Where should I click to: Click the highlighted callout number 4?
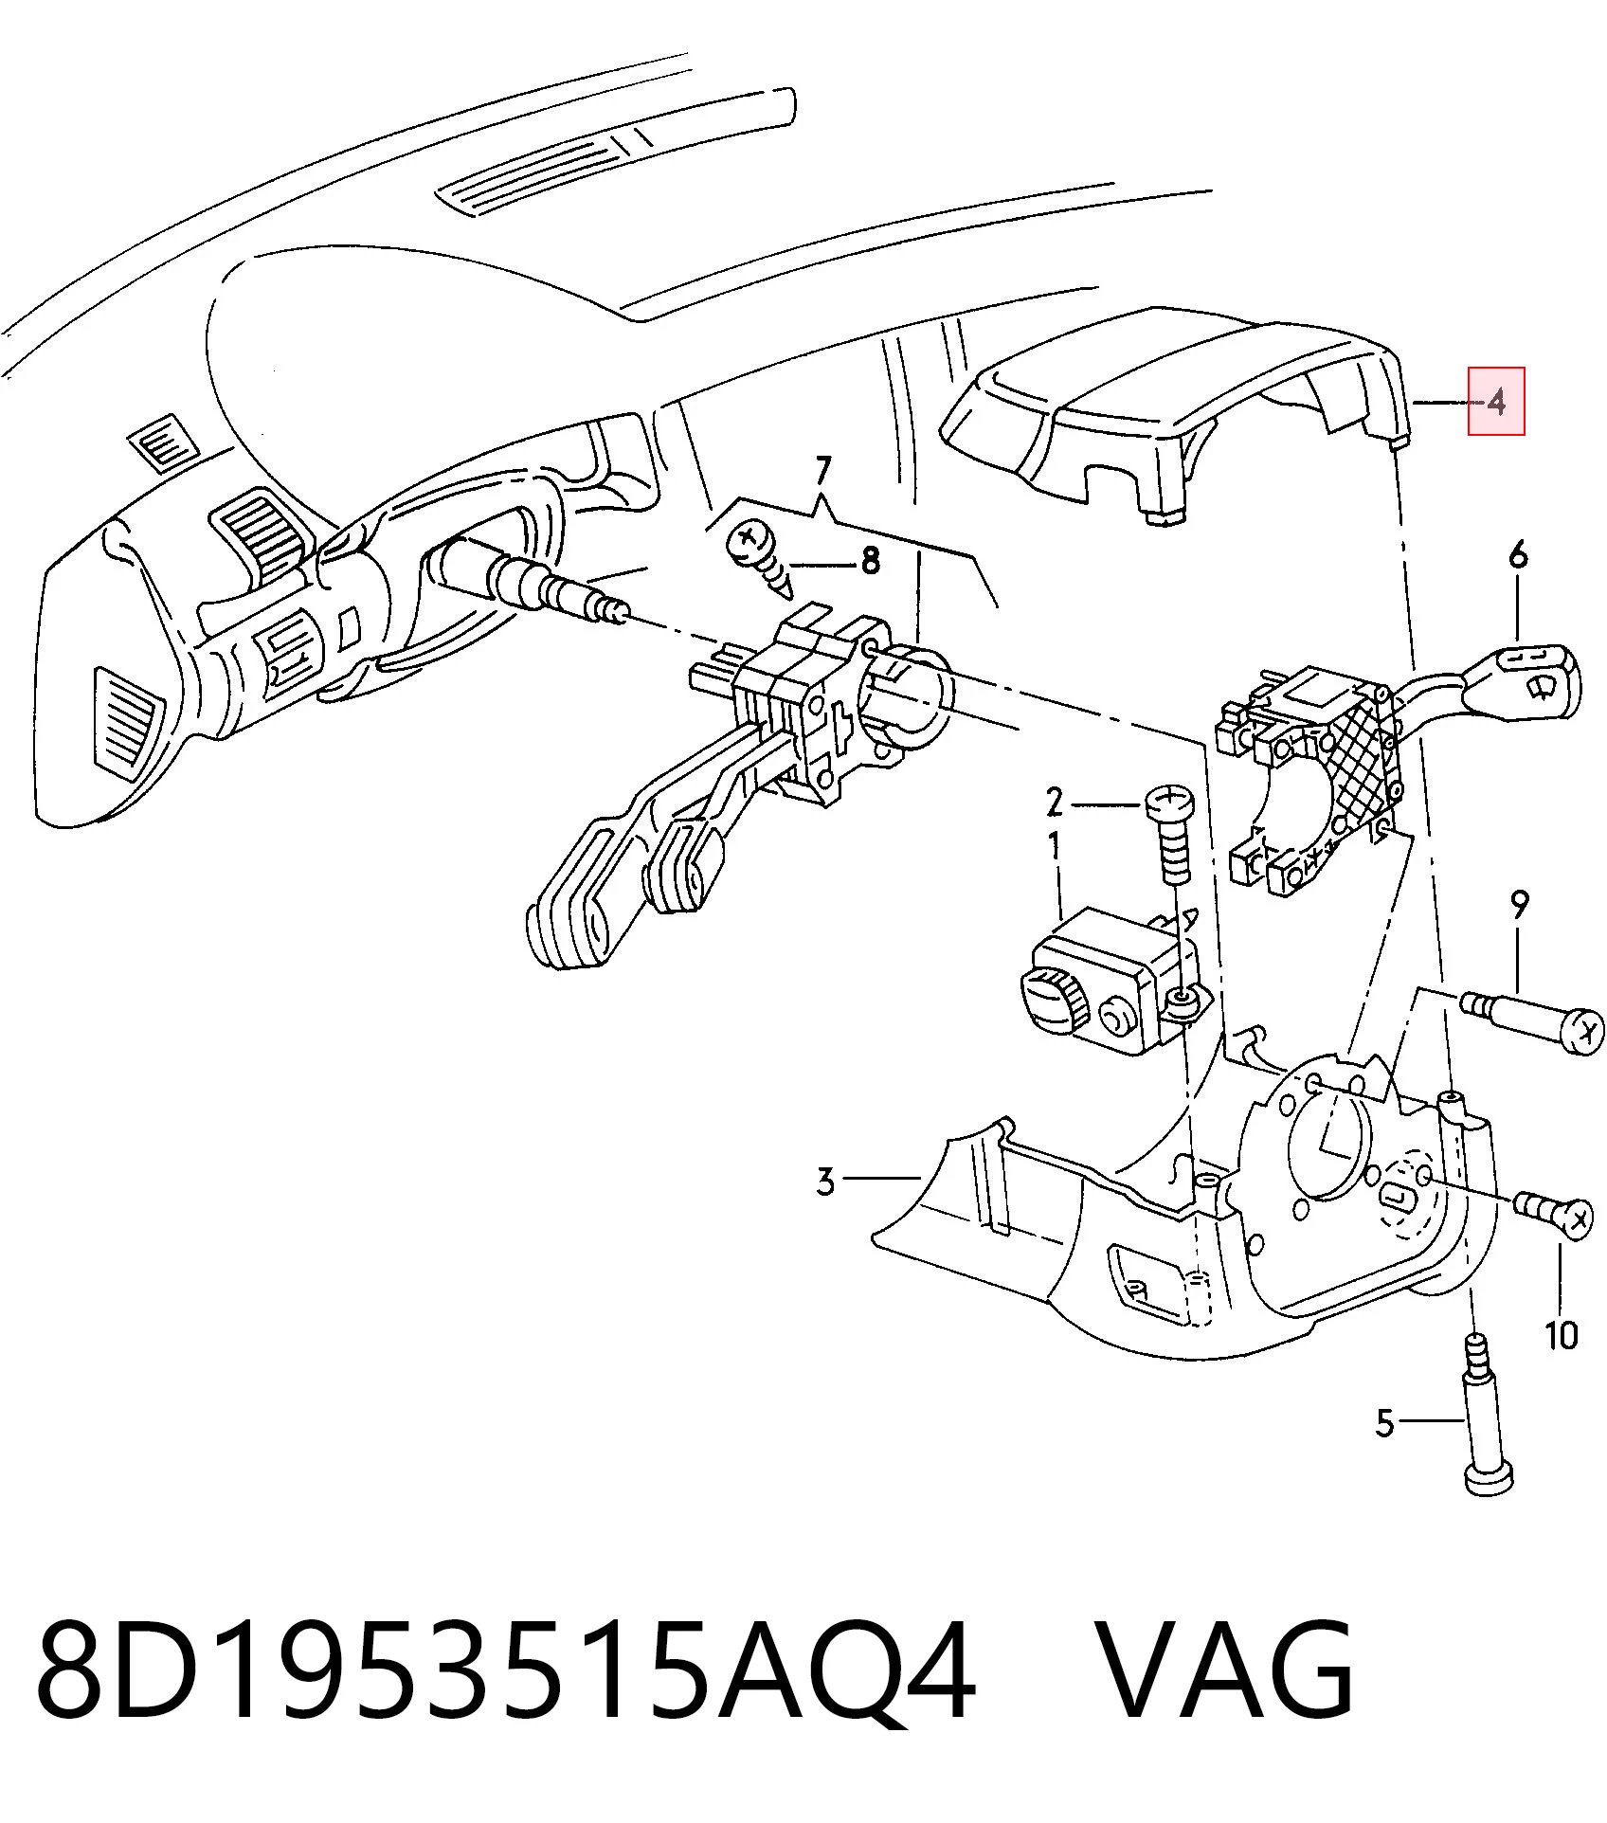(x=1496, y=402)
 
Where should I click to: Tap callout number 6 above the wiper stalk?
(x=1518, y=554)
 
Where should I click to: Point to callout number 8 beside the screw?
(x=870, y=562)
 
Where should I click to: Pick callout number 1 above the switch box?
(x=1054, y=846)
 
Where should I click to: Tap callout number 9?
(x=1518, y=906)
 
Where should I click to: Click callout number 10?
(x=1561, y=1335)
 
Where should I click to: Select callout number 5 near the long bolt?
(x=1384, y=1449)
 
